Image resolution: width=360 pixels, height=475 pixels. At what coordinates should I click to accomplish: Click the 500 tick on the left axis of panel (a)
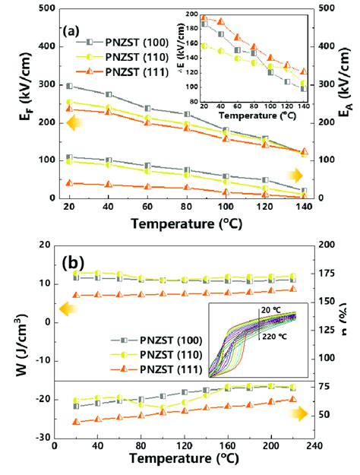[39, 9]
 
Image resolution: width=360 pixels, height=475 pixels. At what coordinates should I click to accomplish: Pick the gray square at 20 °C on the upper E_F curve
[70, 87]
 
